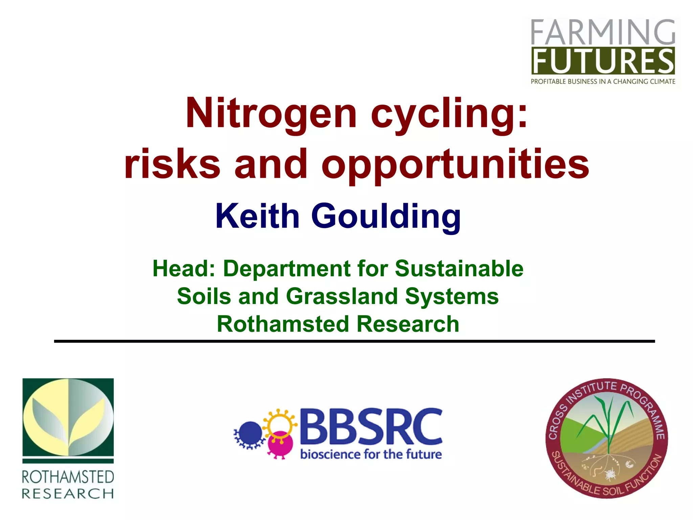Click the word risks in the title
point(173,164)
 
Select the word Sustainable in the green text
point(459,269)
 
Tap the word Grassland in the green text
point(342,297)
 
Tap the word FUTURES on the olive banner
point(603,61)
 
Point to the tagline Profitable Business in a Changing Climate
point(603,82)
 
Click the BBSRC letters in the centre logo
point(371,427)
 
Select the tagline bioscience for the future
point(371,454)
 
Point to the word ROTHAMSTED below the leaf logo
point(68,477)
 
